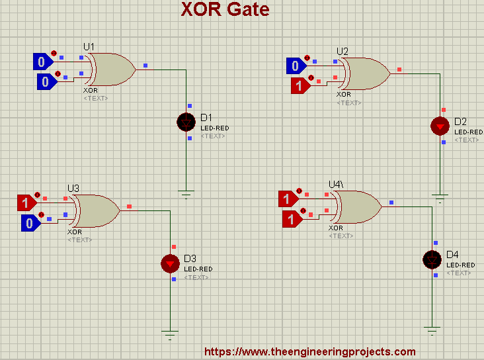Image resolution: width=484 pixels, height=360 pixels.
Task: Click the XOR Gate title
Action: coord(225,10)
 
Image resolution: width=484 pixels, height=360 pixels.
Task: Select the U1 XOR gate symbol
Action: coord(112,69)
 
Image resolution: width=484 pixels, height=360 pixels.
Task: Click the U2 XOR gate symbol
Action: coord(366,73)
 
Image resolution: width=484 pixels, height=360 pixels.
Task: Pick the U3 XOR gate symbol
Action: coord(97,210)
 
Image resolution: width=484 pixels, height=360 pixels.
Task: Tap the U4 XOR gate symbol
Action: coord(358,207)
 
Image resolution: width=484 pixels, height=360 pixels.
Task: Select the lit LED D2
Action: coord(439,126)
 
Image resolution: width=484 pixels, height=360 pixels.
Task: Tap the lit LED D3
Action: coord(170,263)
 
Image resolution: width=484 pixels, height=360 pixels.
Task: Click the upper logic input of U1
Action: coord(42,62)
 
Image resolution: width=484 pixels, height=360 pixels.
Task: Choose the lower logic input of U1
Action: coord(46,82)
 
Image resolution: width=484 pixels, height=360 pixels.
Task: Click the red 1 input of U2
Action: coord(300,85)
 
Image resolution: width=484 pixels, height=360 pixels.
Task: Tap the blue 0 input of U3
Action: coord(30,223)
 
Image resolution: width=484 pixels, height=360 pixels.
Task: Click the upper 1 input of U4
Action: coord(288,199)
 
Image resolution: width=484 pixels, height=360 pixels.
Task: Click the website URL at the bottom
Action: coord(309,352)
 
